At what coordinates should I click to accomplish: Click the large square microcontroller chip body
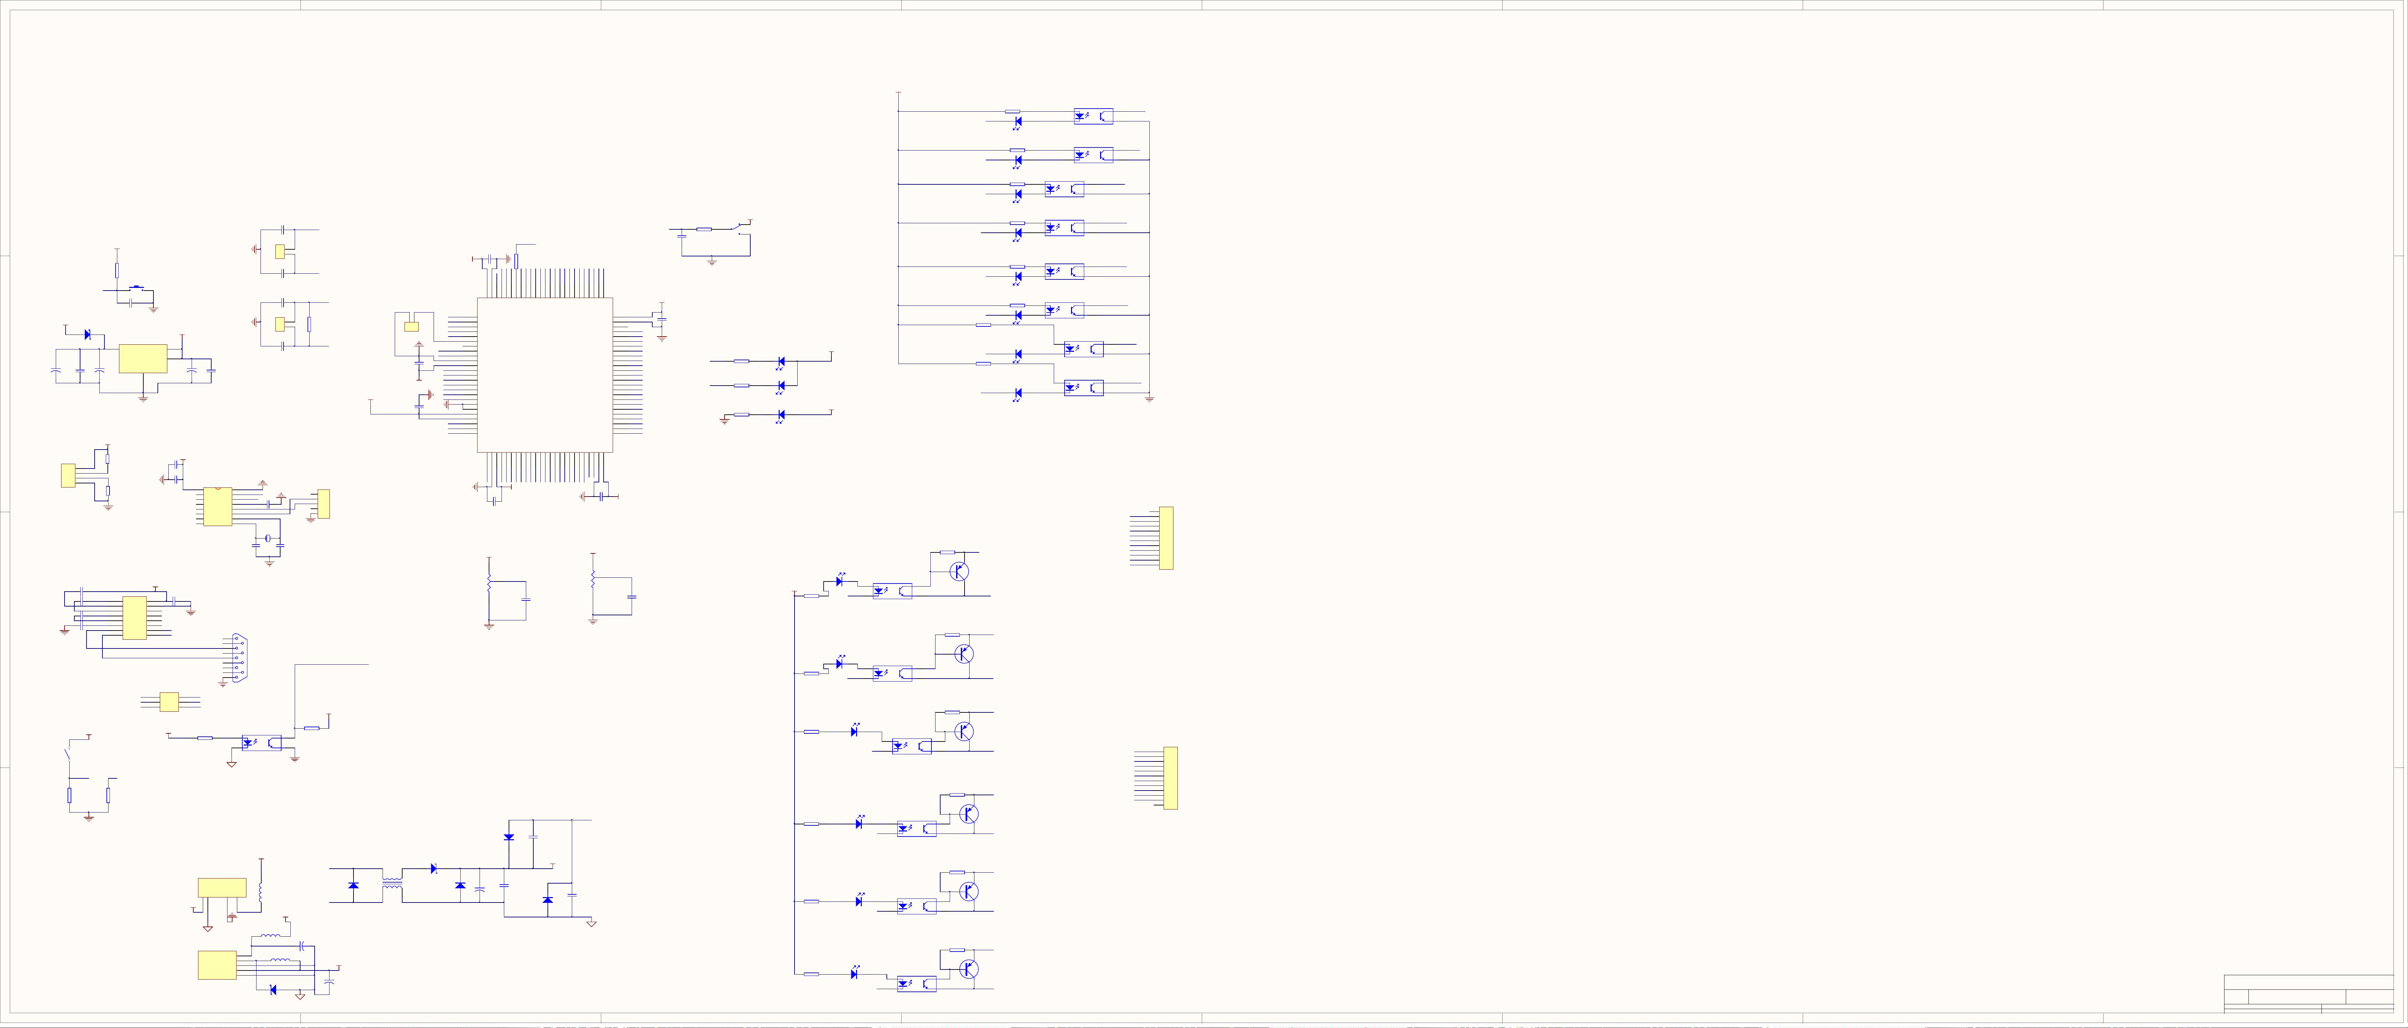545,375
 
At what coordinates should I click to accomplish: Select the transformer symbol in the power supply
393,883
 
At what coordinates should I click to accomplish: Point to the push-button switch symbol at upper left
138,289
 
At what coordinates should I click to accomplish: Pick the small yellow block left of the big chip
411,326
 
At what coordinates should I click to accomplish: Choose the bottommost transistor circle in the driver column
968,969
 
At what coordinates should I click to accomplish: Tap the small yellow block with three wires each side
169,702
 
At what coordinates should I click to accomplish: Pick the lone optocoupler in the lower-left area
262,743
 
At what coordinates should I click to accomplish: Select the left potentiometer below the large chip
489,585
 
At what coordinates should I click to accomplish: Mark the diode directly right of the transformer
434,869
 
